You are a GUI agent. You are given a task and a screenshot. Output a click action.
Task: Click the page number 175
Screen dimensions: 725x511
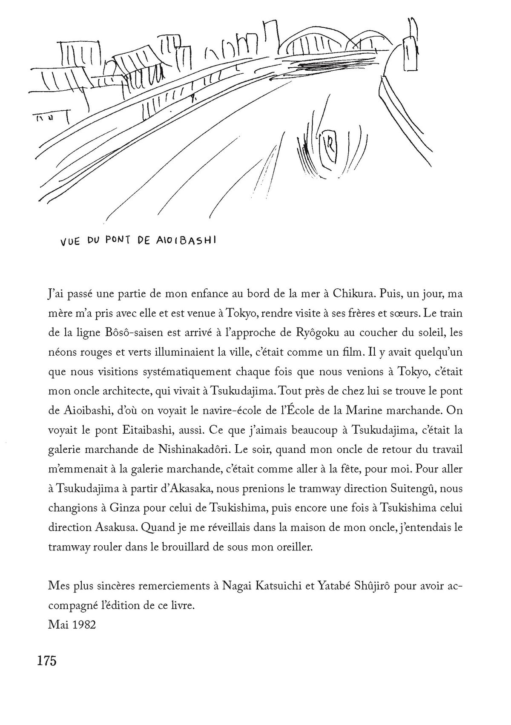(47, 662)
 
